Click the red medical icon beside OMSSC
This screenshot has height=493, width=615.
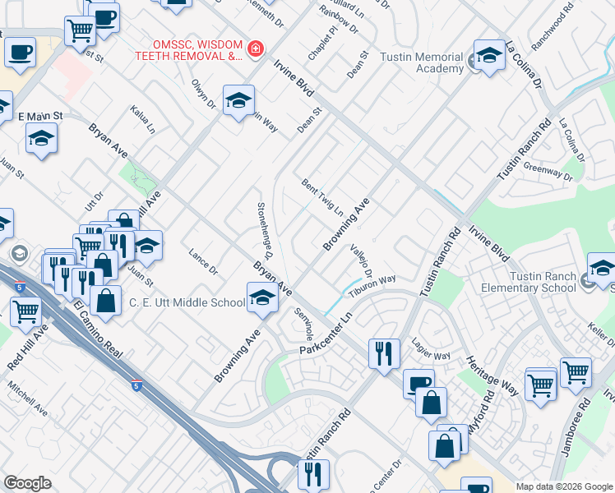(x=255, y=49)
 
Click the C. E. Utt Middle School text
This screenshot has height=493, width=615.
(x=187, y=302)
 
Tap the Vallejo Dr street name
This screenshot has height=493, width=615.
(x=361, y=261)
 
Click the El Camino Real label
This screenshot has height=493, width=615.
(x=97, y=330)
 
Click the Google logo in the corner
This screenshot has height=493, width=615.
(x=27, y=483)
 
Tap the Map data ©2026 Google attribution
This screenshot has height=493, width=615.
(x=563, y=486)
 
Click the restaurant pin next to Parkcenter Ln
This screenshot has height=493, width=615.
(x=384, y=353)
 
